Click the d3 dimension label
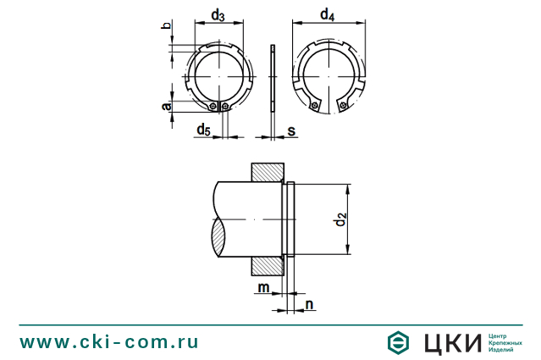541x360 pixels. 218,16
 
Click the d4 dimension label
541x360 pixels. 328,15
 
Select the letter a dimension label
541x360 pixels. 166,105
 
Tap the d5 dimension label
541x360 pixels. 203,129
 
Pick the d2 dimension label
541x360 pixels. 340,220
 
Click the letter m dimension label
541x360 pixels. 264,289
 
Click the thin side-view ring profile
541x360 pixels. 272,78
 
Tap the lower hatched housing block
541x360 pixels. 267,265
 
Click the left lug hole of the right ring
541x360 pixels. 315,106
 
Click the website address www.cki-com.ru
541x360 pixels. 109,341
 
